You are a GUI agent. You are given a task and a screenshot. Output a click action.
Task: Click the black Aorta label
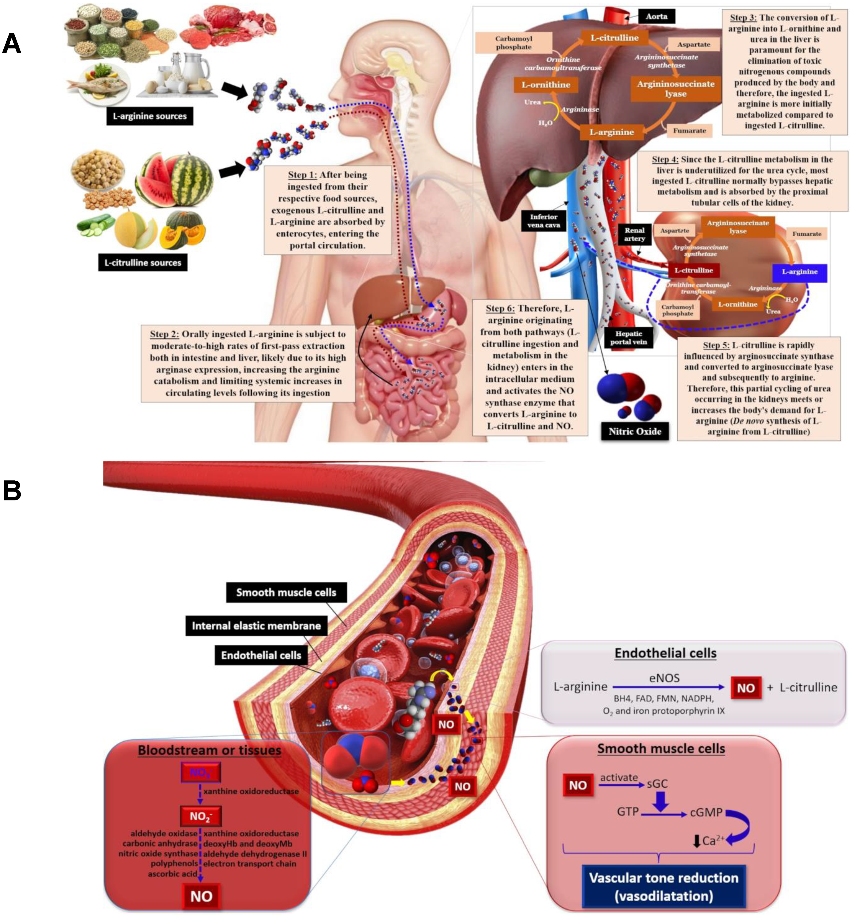tap(656, 17)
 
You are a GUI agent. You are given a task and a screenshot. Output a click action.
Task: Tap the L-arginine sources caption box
tap(149, 116)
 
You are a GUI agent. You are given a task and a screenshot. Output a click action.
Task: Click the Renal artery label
tap(634, 234)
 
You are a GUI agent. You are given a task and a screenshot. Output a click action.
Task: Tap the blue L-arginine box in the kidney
tap(799, 272)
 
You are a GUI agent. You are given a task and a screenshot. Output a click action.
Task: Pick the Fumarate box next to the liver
tap(689, 131)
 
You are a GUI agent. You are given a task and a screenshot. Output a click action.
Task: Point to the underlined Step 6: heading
tap(500, 308)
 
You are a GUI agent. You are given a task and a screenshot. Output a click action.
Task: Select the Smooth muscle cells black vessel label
tap(286, 592)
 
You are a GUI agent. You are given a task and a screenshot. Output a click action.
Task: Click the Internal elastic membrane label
tap(256, 626)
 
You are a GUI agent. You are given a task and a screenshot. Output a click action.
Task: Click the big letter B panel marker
tap(12, 490)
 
